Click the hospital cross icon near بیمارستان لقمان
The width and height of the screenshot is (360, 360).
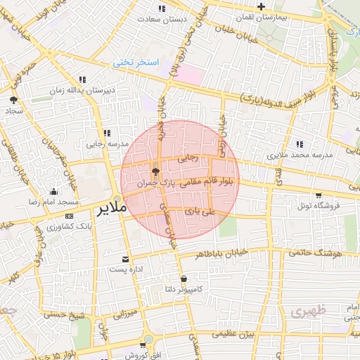point(261,6)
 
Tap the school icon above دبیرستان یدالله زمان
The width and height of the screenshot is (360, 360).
point(83,80)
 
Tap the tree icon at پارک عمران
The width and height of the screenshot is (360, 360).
point(155,171)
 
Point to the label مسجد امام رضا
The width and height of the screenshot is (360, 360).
point(47,202)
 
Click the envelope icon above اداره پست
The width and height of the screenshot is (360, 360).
point(126,259)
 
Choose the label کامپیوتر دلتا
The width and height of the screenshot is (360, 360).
point(183,289)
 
